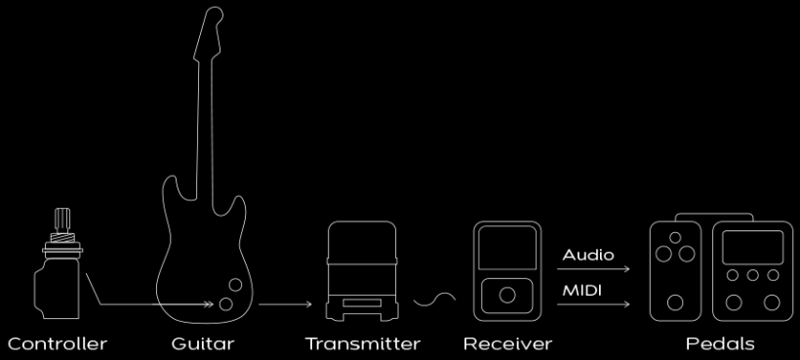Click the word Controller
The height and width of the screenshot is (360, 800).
pyautogui.click(x=58, y=343)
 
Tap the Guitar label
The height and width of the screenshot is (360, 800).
pyautogui.click(x=203, y=343)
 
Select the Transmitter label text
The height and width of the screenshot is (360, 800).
pyautogui.click(x=363, y=343)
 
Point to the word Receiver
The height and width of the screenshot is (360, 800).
pyautogui.click(x=507, y=343)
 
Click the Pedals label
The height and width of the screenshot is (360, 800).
pyautogui.click(x=720, y=343)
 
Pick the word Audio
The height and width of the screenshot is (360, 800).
pyautogui.click(x=588, y=255)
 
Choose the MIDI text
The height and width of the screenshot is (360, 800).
pyautogui.click(x=582, y=291)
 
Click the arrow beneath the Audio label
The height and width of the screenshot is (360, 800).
pyautogui.click(x=593, y=268)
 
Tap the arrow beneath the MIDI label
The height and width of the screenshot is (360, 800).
pyautogui.click(x=593, y=304)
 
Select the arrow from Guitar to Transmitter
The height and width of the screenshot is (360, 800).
pyautogui.click(x=285, y=304)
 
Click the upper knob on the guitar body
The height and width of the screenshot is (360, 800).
pyautogui.click(x=235, y=285)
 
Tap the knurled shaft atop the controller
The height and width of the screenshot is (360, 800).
pyautogui.click(x=62, y=220)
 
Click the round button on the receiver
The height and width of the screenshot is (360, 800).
pyautogui.click(x=507, y=296)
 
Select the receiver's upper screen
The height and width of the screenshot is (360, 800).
pyautogui.click(x=507, y=248)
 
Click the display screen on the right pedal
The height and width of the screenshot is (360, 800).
pyautogui.click(x=752, y=247)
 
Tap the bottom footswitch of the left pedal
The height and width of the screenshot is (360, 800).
pyautogui.click(x=675, y=302)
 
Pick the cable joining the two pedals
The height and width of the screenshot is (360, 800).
pyautogui.click(x=714, y=214)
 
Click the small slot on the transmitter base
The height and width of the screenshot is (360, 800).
pyautogui.click(x=362, y=302)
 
